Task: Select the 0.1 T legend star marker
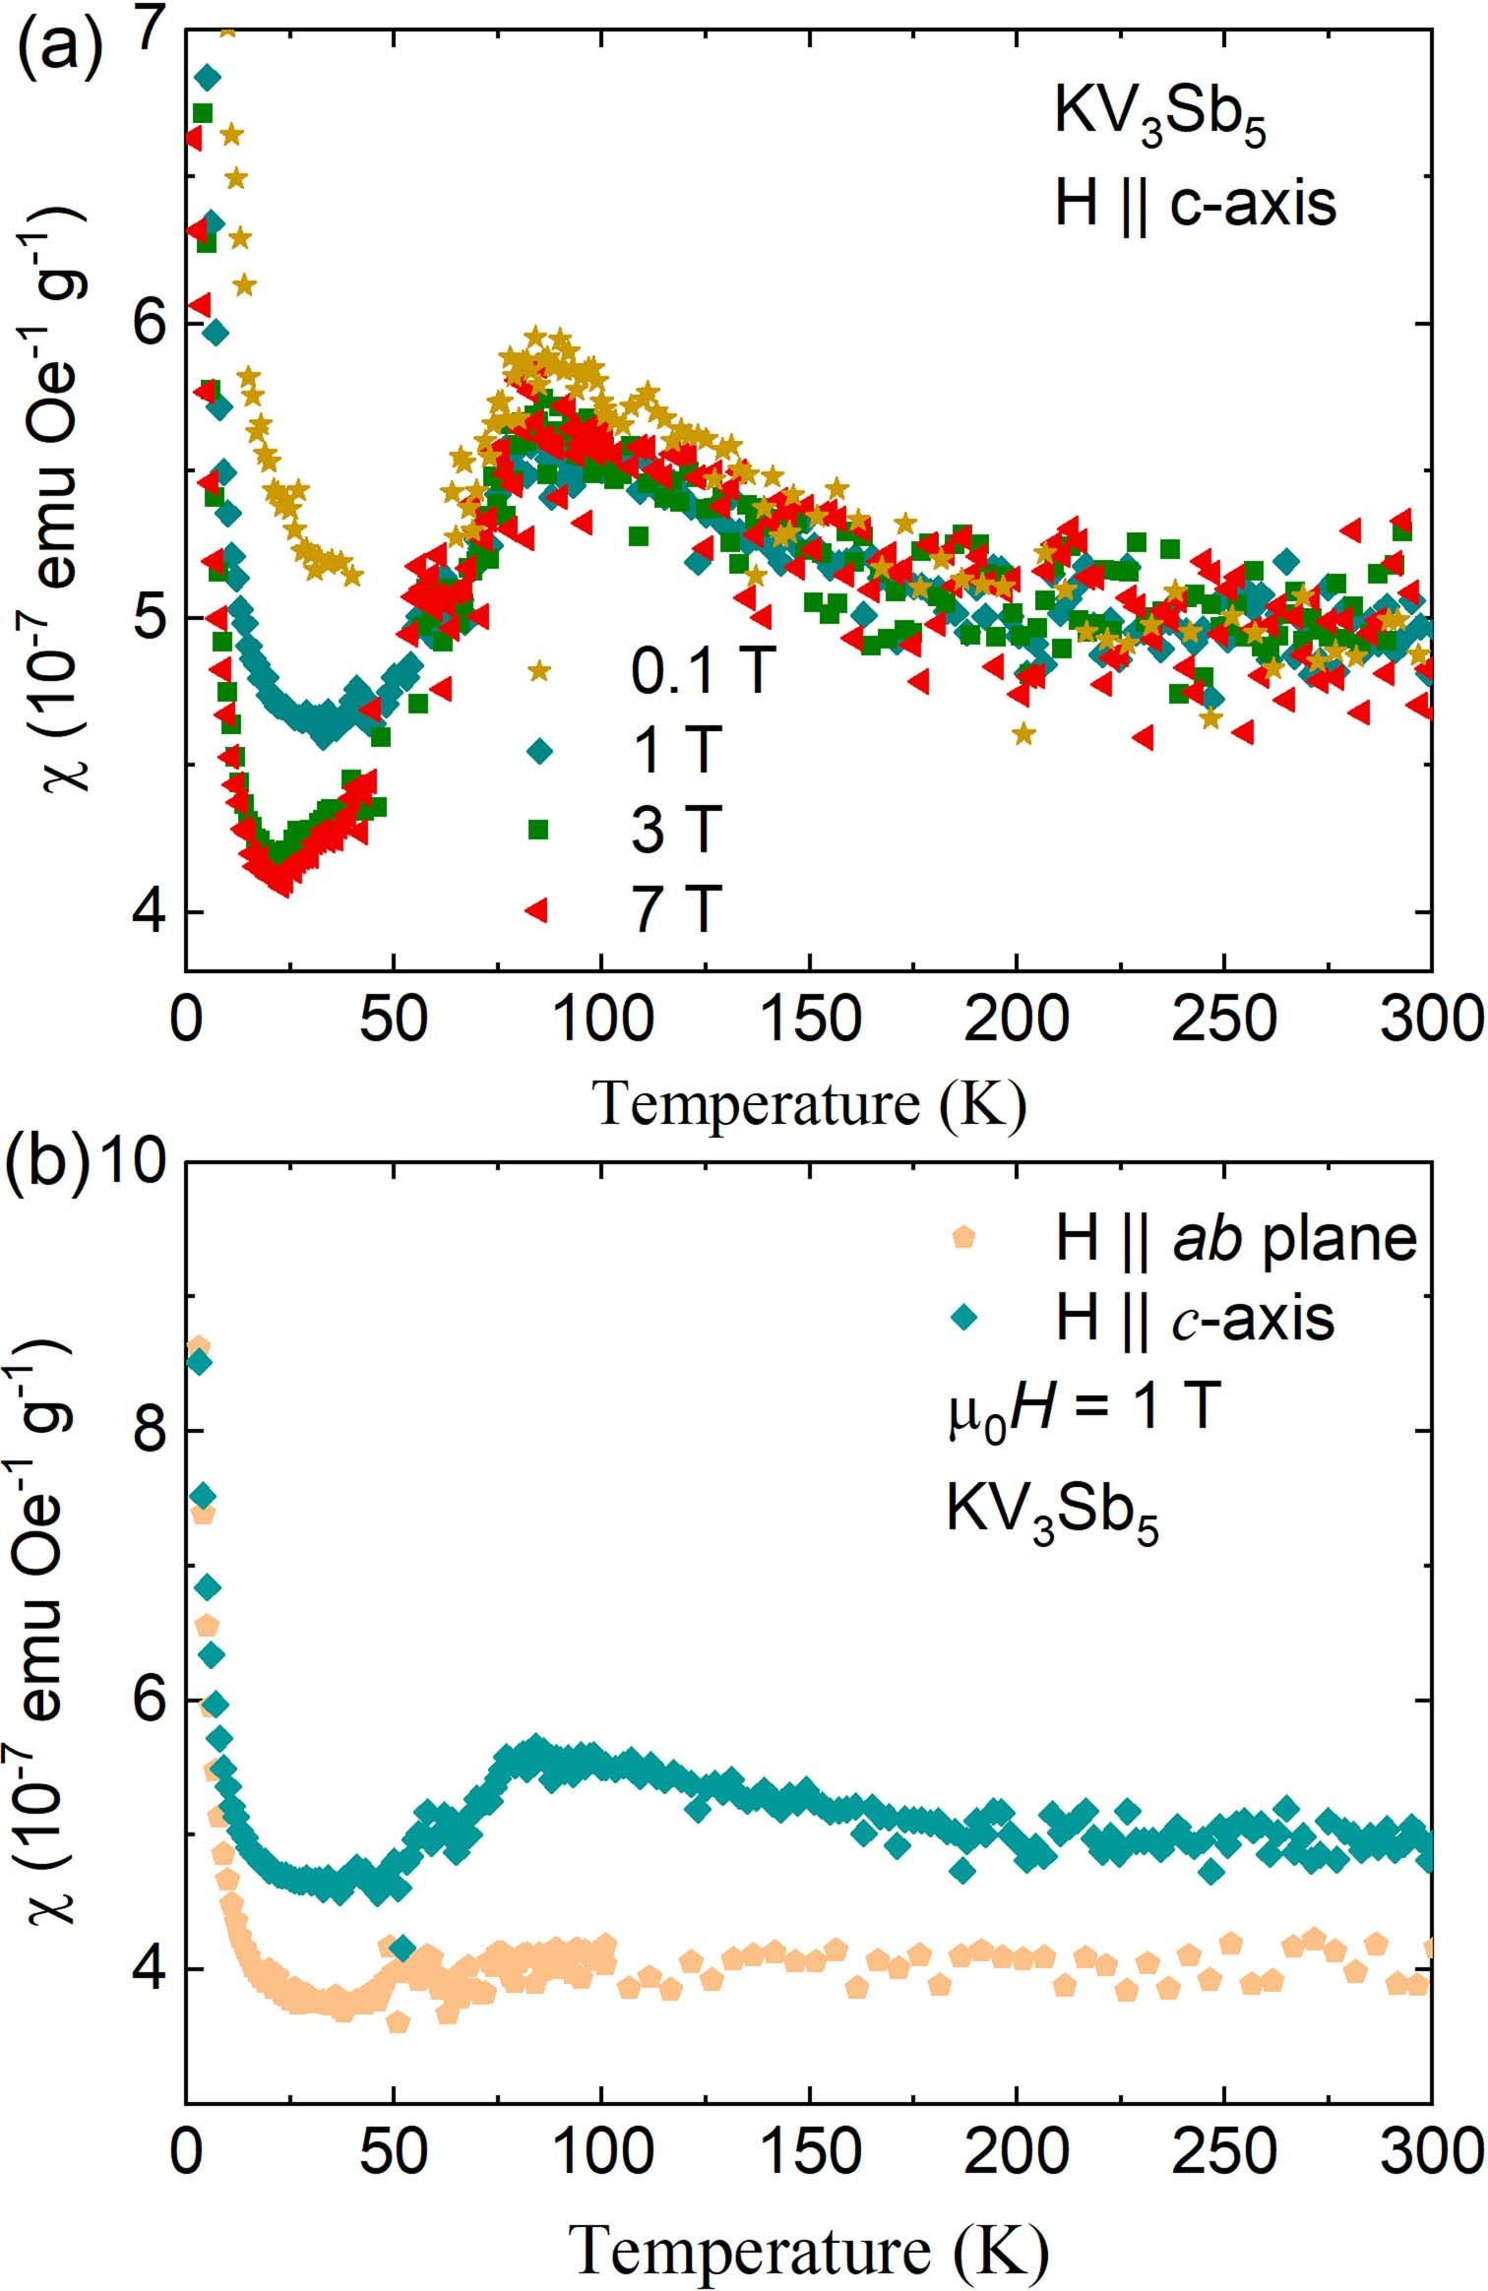tap(539, 671)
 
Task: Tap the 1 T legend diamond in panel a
tap(539, 751)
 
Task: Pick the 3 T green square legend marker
tap(538, 830)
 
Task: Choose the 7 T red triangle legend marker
tap(537, 910)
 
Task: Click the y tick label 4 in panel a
tap(149, 912)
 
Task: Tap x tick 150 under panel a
tap(809, 1020)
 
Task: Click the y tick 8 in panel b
tap(149, 1432)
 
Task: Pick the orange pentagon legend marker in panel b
tap(963, 1238)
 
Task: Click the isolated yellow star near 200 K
tap(1023, 733)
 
